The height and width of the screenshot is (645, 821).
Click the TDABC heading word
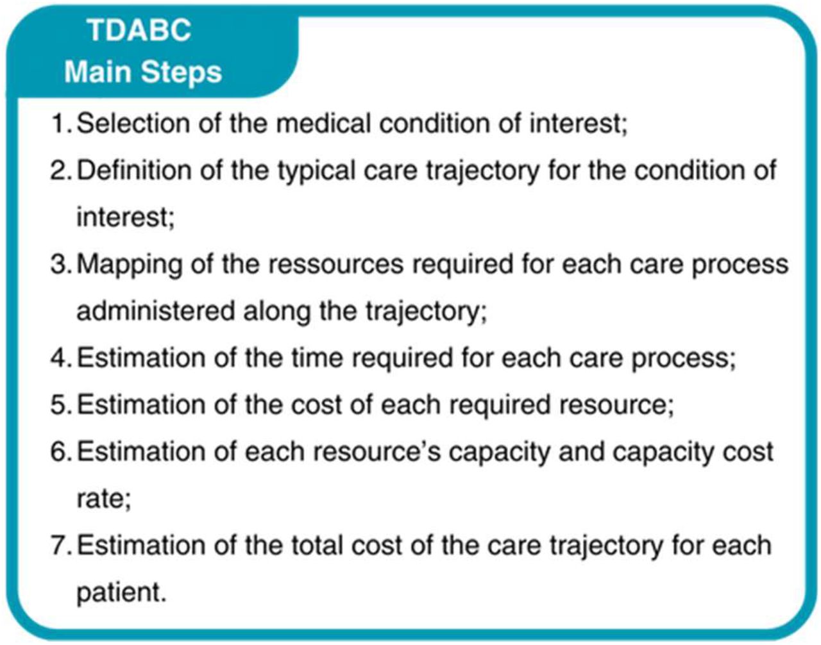click(x=139, y=30)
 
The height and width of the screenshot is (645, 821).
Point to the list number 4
click(x=60, y=358)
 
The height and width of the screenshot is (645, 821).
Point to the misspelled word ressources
click(x=336, y=264)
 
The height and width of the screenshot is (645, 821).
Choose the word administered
click(x=156, y=311)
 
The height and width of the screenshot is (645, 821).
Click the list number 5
click(x=60, y=405)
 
